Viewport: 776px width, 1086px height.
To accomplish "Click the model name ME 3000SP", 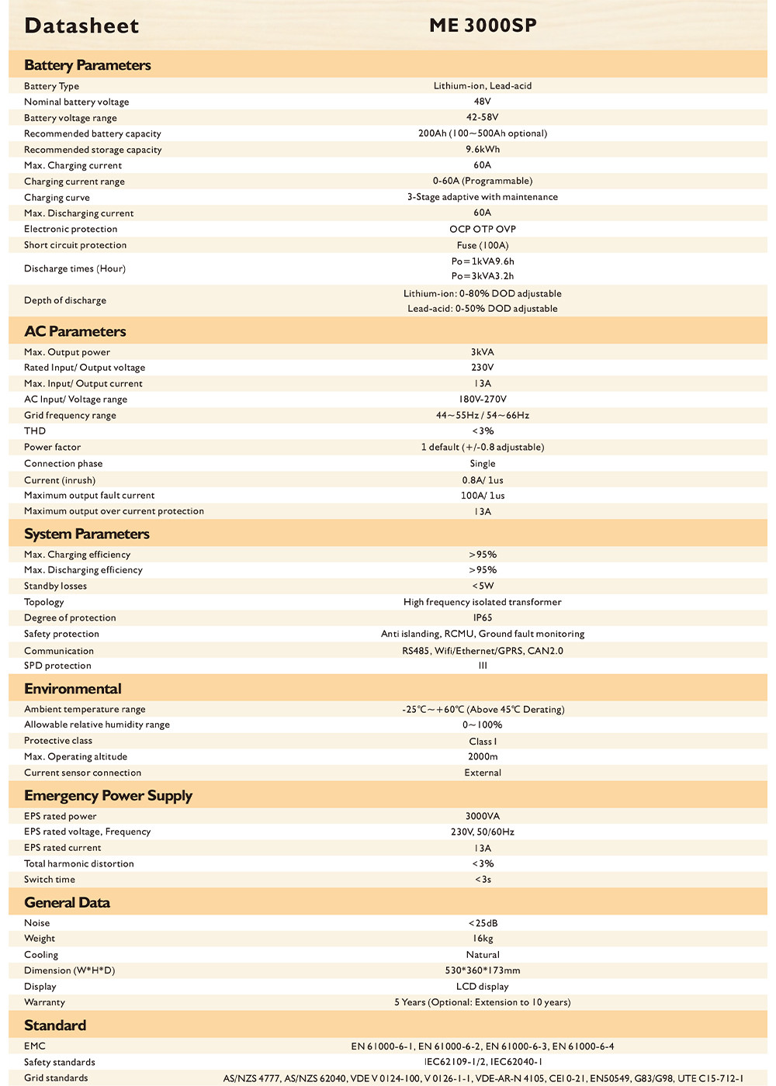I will tap(483, 26).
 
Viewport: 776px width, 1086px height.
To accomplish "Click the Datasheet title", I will tap(81, 26).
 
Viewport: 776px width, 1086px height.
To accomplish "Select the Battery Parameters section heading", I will tap(88, 65).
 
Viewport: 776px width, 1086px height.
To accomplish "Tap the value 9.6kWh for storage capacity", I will tap(483, 149).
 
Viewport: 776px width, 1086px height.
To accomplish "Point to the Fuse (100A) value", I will tap(483, 245).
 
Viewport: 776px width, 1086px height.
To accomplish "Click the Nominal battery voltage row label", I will tap(77, 102).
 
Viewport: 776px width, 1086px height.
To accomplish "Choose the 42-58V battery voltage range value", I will tap(483, 117).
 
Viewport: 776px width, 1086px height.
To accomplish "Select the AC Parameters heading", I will tap(75, 331).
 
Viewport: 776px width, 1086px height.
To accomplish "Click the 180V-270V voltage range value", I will tap(483, 399).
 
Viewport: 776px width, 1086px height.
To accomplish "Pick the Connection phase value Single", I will tap(483, 463).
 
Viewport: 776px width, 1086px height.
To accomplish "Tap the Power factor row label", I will tap(53, 447).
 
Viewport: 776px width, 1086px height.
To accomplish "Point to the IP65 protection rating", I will tap(483, 617).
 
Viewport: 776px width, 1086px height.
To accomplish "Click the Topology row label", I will tap(44, 602).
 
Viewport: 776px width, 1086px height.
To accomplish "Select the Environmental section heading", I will tap(73, 689).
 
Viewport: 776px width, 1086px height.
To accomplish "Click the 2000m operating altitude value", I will tap(483, 756).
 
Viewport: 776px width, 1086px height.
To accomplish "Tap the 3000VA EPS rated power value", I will tap(483, 816).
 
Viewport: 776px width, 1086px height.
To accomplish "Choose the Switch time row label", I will tap(50, 879).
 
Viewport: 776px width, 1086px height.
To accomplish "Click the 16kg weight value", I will tap(483, 939).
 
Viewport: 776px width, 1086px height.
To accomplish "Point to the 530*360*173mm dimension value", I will tap(483, 970).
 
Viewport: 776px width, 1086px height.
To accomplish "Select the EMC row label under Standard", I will tap(35, 1046).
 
